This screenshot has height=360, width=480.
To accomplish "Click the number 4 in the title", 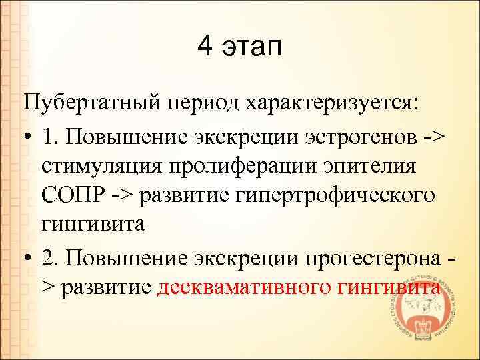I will [x=205, y=47].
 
